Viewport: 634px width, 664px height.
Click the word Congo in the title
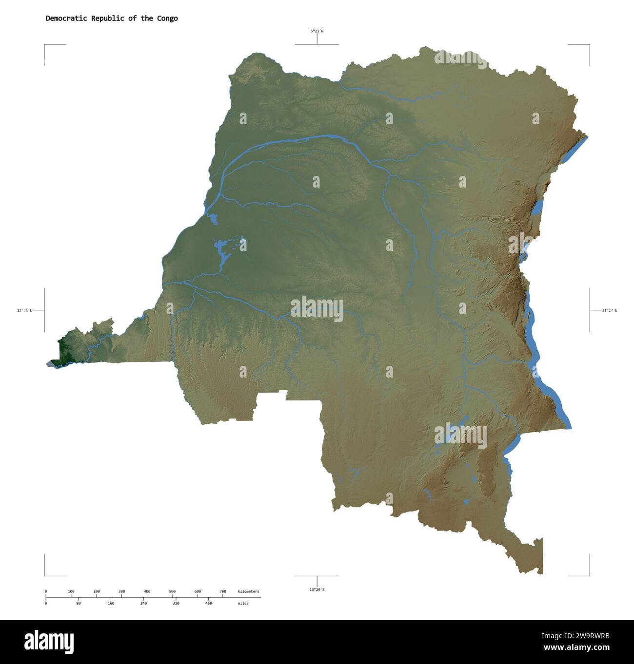(x=167, y=19)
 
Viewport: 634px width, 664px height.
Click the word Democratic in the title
(x=66, y=19)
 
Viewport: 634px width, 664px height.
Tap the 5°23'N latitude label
(x=317, y=31)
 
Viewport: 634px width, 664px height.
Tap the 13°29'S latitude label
(x=317, y=589)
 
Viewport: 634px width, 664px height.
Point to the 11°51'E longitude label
(x=24, y=310)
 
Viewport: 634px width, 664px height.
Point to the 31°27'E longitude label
(x=609, y=310)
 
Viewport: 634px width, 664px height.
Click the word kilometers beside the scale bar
(x=249, y=591)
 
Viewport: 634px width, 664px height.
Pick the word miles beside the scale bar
(x=243, y=603)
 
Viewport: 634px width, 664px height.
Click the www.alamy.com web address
(x=576, y=648)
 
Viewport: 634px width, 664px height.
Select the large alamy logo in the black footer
(x=49, y=642)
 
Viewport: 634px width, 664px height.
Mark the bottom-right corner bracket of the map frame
(x=589, y=575)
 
